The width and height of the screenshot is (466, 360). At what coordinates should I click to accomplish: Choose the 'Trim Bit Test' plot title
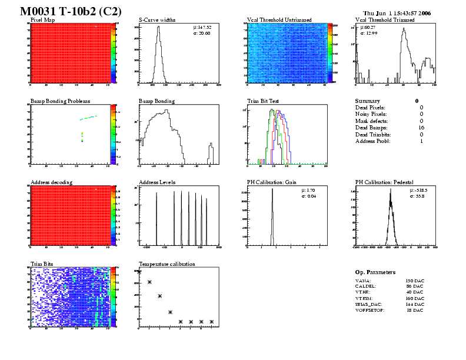point(263,101)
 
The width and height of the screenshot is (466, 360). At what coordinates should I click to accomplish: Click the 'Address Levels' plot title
point(157,182)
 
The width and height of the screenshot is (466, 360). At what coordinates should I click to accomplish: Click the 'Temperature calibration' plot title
point(167,264)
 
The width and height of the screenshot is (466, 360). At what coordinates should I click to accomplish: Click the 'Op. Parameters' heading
point(375,272)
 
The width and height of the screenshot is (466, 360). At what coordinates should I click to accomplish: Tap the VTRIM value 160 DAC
point(415,298)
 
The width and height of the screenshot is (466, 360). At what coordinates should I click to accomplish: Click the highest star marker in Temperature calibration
point(139,272)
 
